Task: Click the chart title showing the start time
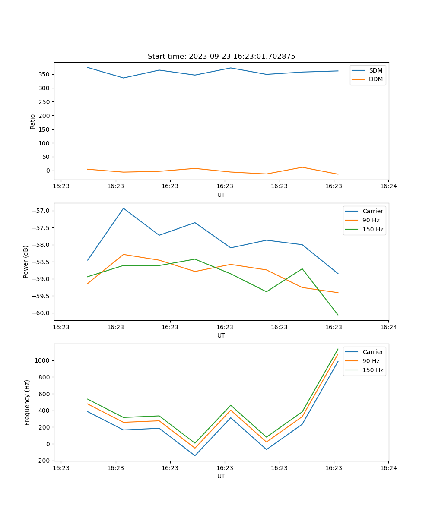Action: coord(221,57)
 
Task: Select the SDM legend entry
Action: coord(375,70)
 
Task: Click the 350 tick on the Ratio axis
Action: coord(44,74)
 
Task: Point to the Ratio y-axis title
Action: coord(33,121)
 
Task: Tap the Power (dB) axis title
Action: coord(26,262)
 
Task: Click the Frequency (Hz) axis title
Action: coord(27,402)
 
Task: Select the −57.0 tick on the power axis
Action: coord(41,211)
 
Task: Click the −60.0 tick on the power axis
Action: coord(41,313)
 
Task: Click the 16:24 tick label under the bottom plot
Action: coord(388,467)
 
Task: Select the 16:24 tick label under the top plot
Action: coord(388,186)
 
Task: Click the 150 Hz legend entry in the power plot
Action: coord(373,229)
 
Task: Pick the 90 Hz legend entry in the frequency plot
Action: coord(371,361)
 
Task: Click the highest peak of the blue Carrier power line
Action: coord(124,208)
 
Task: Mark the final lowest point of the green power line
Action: coord(338,315)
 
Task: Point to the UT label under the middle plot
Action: coord(221,335)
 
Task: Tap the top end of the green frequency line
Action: coord(338,349)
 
